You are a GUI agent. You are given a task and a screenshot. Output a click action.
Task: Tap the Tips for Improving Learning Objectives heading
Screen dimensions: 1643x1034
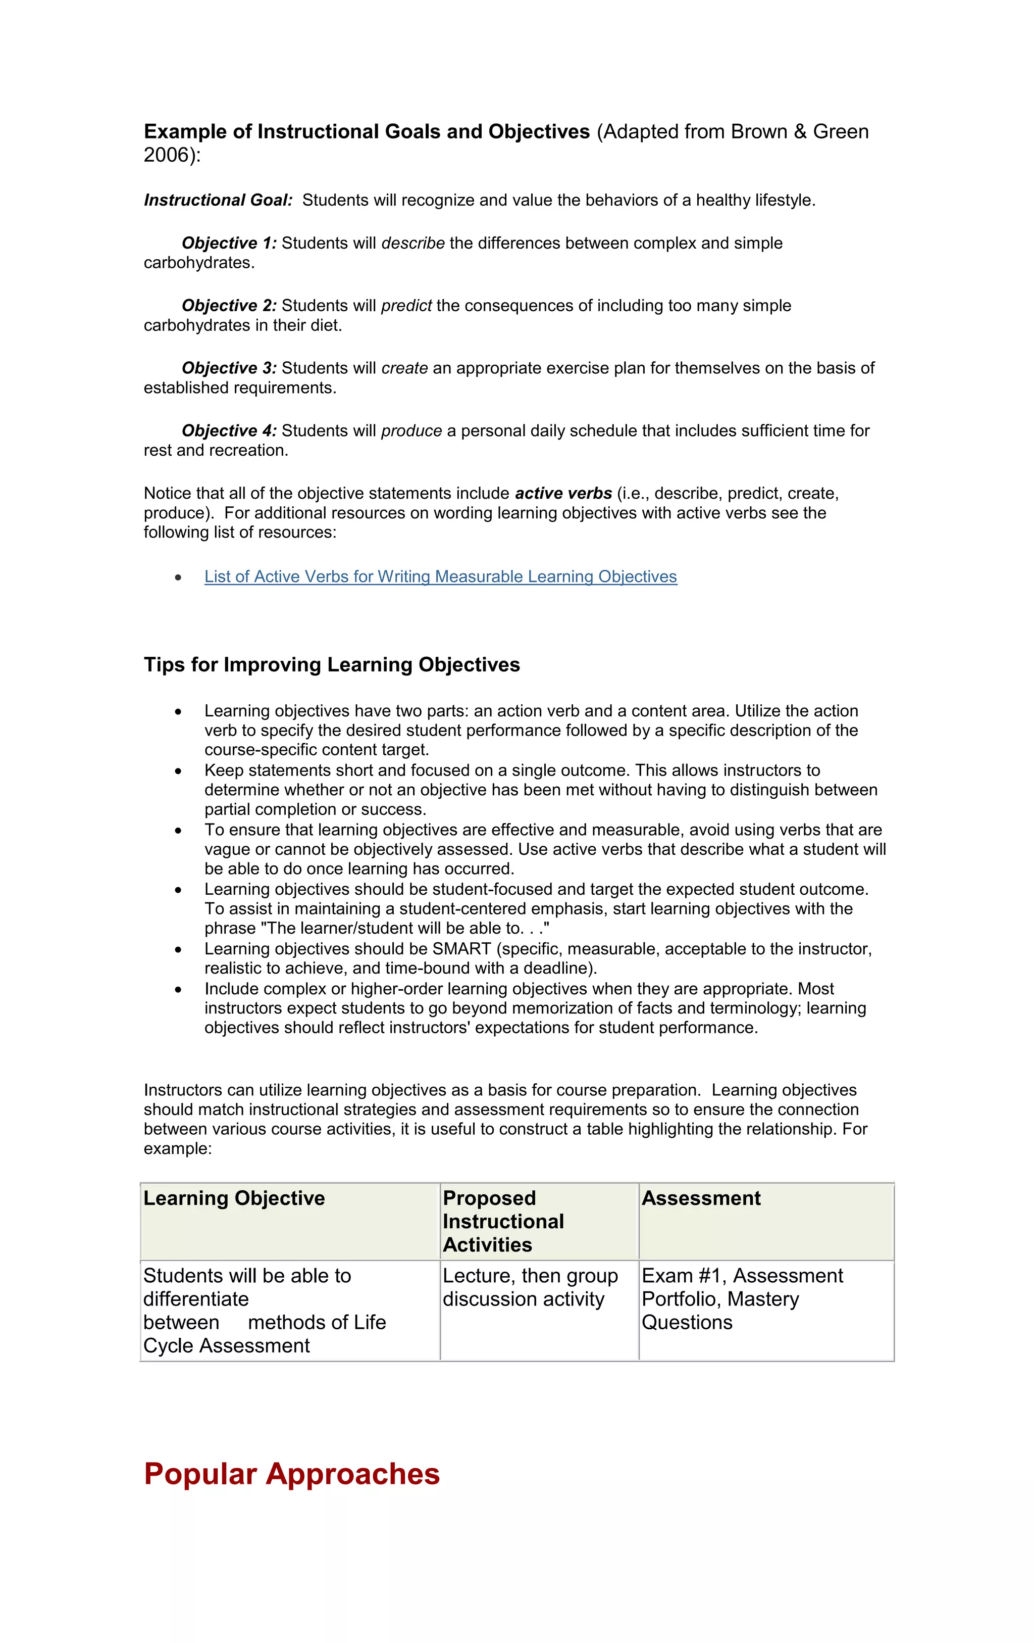[x=332, y=664]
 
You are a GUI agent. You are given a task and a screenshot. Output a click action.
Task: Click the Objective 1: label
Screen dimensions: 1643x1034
[x=229, y=243]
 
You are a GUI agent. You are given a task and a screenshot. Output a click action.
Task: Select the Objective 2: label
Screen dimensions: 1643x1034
[x=229, y=306]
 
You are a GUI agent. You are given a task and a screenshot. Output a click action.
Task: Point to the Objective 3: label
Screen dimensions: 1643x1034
[x=229, y=368]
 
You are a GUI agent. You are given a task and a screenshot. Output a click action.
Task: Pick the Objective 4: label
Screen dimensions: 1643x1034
[x=229, y=430]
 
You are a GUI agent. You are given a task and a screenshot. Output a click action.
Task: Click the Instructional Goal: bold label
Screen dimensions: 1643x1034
[x=218, y=200]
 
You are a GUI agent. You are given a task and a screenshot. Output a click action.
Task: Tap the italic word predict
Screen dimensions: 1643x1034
[x=406, y=306]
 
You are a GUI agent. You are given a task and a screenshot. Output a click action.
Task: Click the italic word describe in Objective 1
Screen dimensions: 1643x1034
[x=412, y=243]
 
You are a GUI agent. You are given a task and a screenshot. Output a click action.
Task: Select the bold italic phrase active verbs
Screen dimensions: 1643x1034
[x=563, y=493]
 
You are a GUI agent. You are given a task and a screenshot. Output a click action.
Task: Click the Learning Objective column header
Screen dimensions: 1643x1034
[x=234, y=1198]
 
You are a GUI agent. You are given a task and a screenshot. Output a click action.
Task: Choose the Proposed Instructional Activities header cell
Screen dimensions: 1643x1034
[x=503, y=1221]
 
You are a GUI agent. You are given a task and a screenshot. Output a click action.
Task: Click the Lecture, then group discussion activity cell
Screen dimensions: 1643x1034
[x=530, y=1287]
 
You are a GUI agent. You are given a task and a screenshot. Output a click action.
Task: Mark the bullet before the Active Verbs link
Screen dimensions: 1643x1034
[x=178, y=577]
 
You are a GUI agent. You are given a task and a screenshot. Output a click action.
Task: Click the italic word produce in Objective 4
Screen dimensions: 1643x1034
[x=411, y=430]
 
